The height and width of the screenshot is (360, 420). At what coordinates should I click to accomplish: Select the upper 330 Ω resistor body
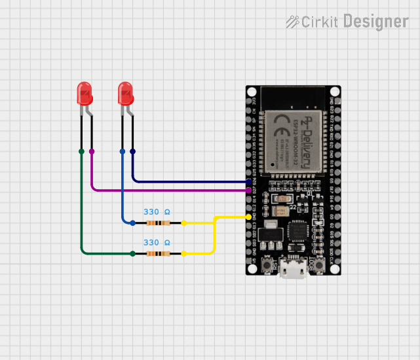[x=158, y=223]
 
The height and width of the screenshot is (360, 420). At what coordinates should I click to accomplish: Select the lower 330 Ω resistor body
[x=158, y=253]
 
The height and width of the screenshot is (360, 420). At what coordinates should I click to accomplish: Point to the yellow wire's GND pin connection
[x=248, y=217]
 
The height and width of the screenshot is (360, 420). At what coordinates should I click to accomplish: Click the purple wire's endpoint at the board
[x=248, y=190]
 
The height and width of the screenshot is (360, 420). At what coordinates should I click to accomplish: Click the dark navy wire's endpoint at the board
[x=248, y=181]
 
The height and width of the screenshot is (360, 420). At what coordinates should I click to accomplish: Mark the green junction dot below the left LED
[x=81, y=151]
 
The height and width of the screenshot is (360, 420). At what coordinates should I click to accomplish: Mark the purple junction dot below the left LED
[x=92, y=151]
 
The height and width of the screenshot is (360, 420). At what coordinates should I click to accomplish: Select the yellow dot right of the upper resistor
[x=183, y=223]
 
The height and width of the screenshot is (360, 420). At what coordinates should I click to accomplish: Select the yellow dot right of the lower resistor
[x=183, y=253]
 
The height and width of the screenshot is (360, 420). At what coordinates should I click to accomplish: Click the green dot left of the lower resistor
[x=132, y=253]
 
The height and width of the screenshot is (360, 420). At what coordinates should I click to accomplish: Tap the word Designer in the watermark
[x=375, y=22]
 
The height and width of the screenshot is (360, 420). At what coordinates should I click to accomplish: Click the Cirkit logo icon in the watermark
[x=292, y=22]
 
